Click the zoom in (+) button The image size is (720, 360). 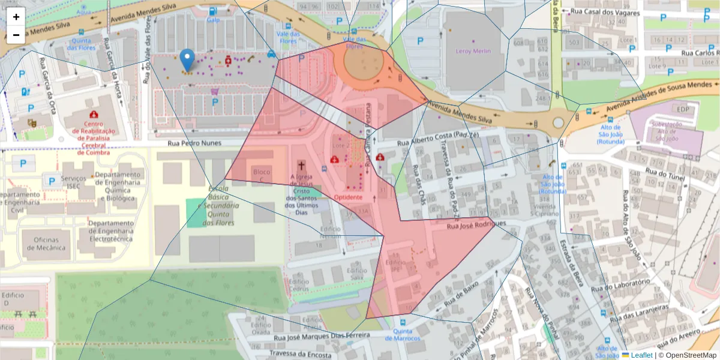point(16,16)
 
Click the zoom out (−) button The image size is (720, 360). point(16,35)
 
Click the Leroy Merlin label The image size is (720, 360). point(473,51)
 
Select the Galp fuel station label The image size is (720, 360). point(213,19)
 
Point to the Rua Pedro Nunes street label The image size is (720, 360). point(194,143)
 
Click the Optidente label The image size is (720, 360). point(348,197)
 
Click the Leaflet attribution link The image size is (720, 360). point(641,355)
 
